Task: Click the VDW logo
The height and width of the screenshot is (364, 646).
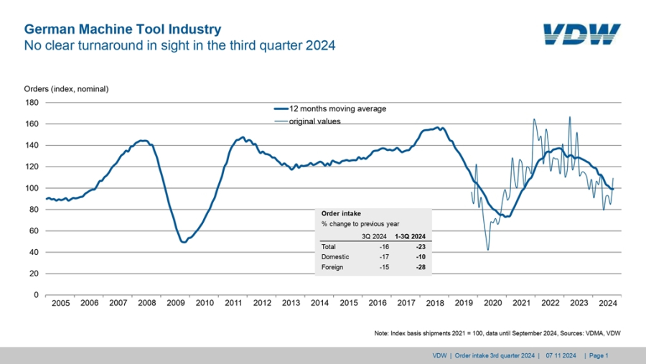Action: (x=581, y=34)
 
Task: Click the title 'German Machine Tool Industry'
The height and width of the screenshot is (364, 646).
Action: (x=123, y=29)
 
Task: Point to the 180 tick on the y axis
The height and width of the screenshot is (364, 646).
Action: (x=32, y=102)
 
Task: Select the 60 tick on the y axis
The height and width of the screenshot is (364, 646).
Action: (x=34, y=230)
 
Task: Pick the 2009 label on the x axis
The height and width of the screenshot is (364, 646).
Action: (x=175, y=304)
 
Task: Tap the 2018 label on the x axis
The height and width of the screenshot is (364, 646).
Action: (x=435, y=304)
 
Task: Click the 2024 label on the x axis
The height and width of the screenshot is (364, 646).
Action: (x=608, y=304)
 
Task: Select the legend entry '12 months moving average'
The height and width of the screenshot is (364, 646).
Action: (x=337, y=109)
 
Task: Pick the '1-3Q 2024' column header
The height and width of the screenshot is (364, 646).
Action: (x=411, y=235)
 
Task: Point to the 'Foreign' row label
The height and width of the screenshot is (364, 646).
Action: (x=332, y=267)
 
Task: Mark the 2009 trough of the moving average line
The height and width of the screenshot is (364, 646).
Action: (x=184, y=242)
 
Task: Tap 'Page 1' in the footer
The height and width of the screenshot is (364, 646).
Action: (x=599, y=355)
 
